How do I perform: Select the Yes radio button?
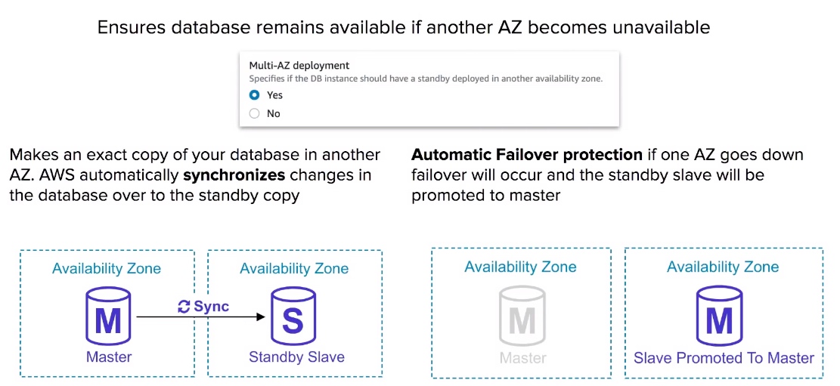tap(255, 95)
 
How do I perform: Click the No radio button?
tap(255, 113)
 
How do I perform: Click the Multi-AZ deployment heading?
tap(299, 65)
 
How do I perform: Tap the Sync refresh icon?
tap(184, 307)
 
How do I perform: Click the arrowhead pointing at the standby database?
tap(262, 317)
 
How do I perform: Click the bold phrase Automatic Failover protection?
tap(527, 156)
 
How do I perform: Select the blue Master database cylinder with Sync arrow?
tap(108, 317)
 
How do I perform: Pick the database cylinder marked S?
tap(293, 317)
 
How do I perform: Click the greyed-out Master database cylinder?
tap(522, 317)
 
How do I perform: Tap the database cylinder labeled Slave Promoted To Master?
tap(719, 317)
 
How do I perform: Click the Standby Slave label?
tap(296, 357)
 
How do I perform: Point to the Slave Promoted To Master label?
tap(724, 357)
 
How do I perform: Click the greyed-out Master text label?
tap(523, 357)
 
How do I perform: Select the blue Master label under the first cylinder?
tap(109, 357)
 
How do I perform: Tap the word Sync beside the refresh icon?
tap(211, 307)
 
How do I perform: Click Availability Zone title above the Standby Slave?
tap(294, 268)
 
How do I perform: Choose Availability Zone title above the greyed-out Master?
tap(521, 267)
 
